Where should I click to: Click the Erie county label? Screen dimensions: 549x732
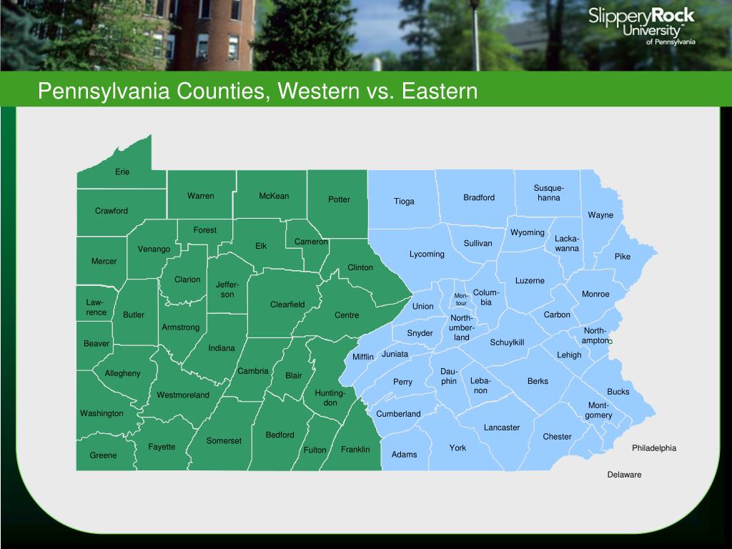coord(123,172)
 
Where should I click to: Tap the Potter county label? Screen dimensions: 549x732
coord(339,199)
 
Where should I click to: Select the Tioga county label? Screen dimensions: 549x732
coord(404,202)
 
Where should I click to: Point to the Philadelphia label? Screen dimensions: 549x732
coord(653,448)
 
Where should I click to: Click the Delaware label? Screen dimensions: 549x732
coord(624,475)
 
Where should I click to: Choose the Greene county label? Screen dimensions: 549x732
coord(103,455)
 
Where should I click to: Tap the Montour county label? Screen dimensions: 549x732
coord(461,300)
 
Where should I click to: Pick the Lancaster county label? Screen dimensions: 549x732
coord(502,427)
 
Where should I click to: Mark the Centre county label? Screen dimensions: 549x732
coord(347,315)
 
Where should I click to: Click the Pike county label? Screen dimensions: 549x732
coord(623,257)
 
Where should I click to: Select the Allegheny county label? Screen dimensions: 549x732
coord(123,373)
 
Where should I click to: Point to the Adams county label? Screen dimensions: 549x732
coord(404,455)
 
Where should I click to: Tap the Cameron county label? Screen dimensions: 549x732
coord(311,242)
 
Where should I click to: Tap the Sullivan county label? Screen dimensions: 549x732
coord(478,243)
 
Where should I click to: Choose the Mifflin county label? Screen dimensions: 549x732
coord(363,357)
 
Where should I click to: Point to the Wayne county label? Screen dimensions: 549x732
coord(600,215)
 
